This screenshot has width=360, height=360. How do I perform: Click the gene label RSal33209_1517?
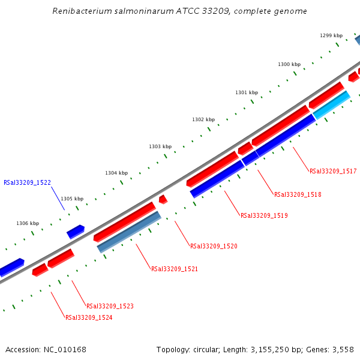333,172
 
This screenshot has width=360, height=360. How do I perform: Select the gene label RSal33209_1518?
298,195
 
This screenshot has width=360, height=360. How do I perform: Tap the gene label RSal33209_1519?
264,216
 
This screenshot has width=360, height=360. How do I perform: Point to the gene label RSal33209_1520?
214,247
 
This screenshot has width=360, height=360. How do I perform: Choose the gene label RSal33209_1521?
175,269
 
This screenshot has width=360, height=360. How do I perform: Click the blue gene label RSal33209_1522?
27,182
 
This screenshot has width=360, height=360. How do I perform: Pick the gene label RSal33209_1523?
110,307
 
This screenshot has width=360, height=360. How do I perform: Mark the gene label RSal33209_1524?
89,318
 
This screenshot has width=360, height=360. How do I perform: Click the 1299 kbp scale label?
331,35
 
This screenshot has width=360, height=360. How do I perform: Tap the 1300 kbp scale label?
289,64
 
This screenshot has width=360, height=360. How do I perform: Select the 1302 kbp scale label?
203,119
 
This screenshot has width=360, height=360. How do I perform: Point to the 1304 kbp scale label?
116,173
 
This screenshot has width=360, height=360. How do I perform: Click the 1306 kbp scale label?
28,223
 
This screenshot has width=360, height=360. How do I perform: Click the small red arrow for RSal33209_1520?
163,199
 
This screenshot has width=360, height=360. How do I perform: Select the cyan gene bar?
331,104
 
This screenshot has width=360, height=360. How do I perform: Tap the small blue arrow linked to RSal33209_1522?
76,231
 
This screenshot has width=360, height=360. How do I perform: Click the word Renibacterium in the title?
81,11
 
